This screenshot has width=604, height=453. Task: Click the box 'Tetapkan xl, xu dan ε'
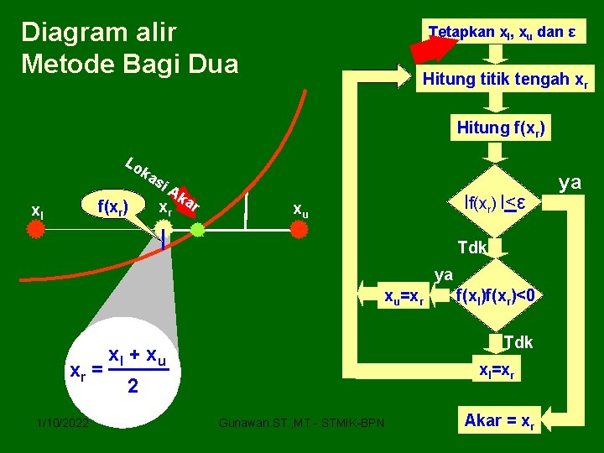502,33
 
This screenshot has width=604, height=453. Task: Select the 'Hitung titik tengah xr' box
505,81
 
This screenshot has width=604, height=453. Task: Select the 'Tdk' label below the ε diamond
471,247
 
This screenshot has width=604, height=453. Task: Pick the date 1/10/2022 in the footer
62,422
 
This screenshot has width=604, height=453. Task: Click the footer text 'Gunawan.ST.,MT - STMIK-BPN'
301,422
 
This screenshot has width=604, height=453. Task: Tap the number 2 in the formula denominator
132,387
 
